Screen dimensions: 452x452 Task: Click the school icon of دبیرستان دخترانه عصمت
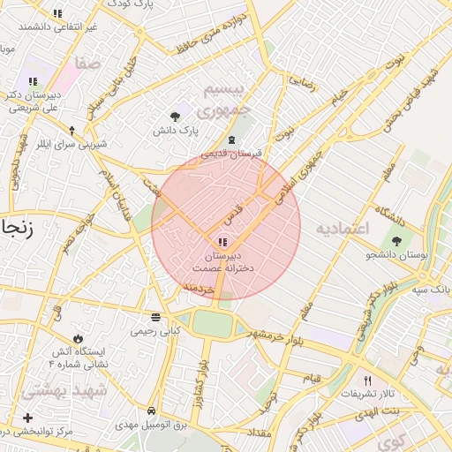click(221, 241)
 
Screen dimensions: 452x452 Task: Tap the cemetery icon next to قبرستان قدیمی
click(231, 140)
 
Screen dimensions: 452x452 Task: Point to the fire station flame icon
click(78, 337)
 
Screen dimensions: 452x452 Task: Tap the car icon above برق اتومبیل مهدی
click(152, 411)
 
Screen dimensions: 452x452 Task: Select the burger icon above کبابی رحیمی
click(155, 317)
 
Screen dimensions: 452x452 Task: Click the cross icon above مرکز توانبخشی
click(28, 418)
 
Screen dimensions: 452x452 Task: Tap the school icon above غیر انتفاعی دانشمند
click(57, 13)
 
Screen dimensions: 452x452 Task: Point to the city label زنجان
click(16, 227)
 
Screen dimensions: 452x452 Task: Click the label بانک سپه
click(434, 289)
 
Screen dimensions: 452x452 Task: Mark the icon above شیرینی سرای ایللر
click(72, 130)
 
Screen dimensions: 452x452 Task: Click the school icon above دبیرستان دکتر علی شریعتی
click(33, 82)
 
